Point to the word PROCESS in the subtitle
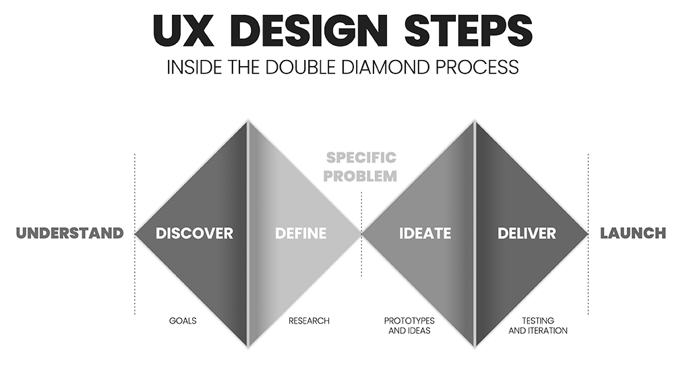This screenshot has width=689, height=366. tap(479, 67)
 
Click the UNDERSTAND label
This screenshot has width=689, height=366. tap(70, 233)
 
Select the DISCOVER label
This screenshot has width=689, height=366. tap(194, 233)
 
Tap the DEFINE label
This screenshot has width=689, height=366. tap(301, 233)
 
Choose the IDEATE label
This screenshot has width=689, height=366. tap(425, 233)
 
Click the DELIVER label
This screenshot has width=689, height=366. tap(527, 233)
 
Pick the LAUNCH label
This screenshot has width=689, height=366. tap(633, 233)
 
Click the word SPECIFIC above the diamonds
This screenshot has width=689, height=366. tap(361, 158)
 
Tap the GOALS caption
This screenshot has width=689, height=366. tap(183, 321)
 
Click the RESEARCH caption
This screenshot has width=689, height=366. tap(309, 321)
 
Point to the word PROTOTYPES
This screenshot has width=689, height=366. tap(409, 321)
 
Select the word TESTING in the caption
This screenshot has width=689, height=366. tap(538, 321)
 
